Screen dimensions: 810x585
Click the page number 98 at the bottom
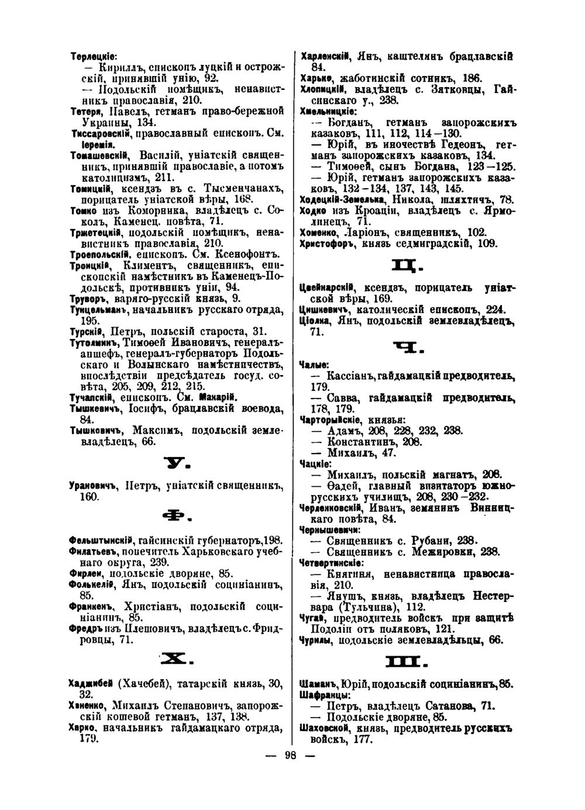tap(291, 755)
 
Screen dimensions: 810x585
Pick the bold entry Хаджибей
tap(91, 684)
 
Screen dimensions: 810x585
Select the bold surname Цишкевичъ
tap(324, 309)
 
